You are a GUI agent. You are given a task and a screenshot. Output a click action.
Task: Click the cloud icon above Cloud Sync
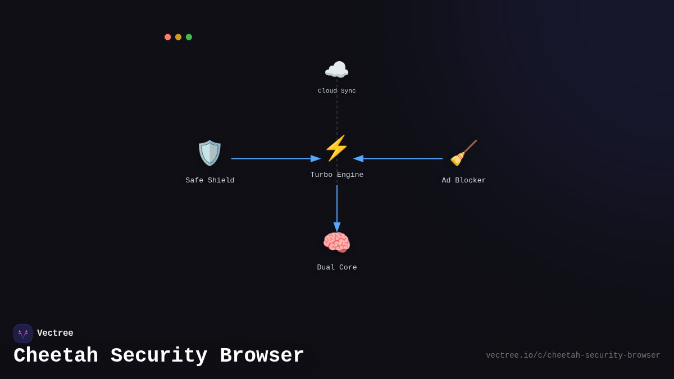(x=336, y=70)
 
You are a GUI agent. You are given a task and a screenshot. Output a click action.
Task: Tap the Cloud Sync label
(x=337, y=91)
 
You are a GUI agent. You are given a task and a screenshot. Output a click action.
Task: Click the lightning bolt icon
(x=336, y=148)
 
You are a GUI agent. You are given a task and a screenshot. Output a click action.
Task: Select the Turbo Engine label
(x=337, y=175)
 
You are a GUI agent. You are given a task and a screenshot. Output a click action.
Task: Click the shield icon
(x=210, y=153)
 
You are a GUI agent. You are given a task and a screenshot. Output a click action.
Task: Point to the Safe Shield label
(x=210, y=181)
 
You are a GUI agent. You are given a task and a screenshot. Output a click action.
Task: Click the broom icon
(x=463, y=153)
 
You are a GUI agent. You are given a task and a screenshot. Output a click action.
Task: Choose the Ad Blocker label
(x=464, y=181)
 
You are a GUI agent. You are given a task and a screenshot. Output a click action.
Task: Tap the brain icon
(x=336, y=243)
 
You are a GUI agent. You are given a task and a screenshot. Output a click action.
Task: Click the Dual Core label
(x=337, y=268)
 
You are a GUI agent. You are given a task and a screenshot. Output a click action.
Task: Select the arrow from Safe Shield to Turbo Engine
(x=275, y=159)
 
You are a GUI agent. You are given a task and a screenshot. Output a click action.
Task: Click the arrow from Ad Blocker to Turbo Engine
(x=399, y=159)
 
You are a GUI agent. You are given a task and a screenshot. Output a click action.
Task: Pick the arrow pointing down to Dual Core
(x=337, y=208)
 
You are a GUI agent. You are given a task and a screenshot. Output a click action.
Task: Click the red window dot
(x=167, y=37)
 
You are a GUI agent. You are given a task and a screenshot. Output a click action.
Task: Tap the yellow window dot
(x=178, y=37)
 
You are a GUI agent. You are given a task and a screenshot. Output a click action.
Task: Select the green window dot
(x=189, y=37)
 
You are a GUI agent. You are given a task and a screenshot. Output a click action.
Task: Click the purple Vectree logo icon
(x=23, y=334)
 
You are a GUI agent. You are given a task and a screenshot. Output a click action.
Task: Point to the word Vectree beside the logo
(x=55, y=334)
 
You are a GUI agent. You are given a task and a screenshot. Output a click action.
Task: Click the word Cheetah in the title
(x=56, y=356)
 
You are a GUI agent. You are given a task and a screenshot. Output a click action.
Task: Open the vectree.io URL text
(x=573, y=355)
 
